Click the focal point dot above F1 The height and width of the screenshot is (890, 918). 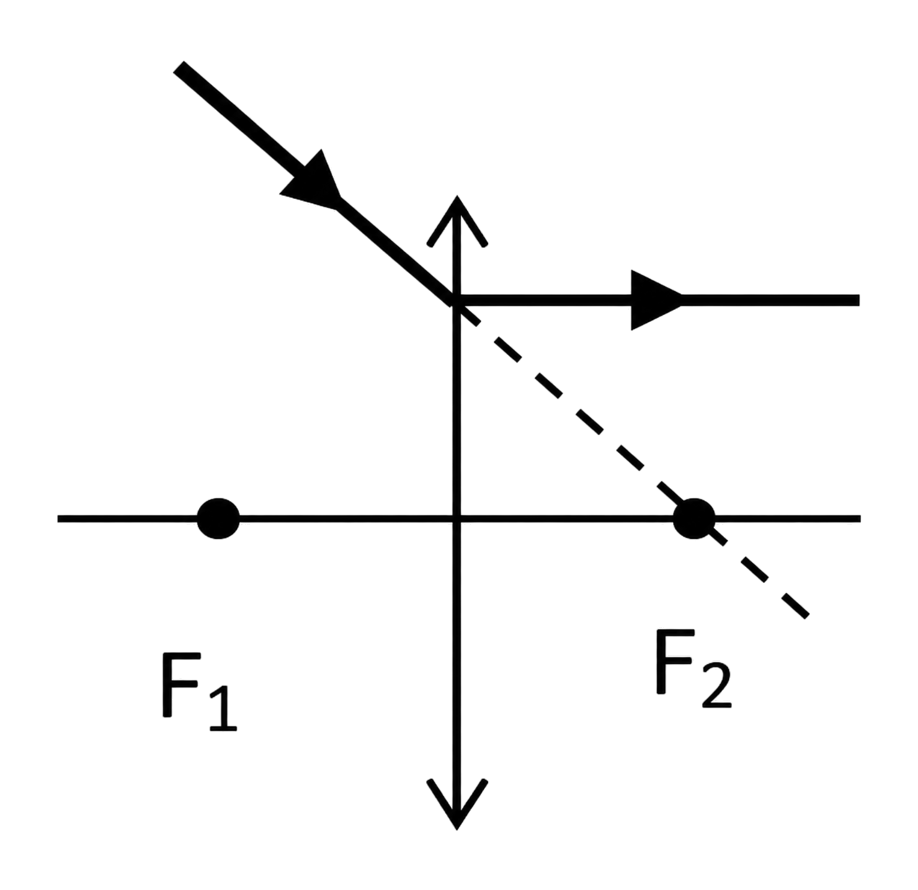tap(218, 519)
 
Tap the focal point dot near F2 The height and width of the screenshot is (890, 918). tap(694, 519)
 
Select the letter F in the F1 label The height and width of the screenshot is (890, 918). tap(181, 685)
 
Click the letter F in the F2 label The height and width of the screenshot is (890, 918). tap(675, 662)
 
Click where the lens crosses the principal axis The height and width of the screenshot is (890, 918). tap(456, 519)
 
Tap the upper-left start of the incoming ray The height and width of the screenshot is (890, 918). tap(178, 67)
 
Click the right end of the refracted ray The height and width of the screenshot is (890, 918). tap(860, 300)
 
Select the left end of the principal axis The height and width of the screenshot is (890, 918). tap(58, 519)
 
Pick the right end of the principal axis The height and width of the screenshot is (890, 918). tap(860, 519)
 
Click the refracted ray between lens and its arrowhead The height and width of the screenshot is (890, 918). tap(544, 300)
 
